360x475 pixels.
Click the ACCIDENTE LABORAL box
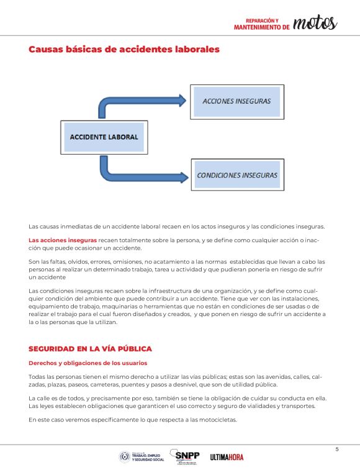[104, 137]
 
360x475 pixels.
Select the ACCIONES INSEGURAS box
[236, 100]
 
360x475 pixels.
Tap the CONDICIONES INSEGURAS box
[236, 175]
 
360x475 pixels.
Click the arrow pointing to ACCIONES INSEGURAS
[143, 102]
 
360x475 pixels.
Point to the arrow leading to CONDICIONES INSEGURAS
[143, 171]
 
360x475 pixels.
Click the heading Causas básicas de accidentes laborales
[124, 49]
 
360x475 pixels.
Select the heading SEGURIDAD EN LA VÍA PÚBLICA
[90, 349]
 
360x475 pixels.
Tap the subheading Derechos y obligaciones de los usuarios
[88, 363]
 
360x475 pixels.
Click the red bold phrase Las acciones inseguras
[63, 240]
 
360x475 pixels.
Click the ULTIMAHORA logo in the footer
[227, 457]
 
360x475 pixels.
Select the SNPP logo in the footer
[187, 456]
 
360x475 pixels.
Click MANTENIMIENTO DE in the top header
[261, 27]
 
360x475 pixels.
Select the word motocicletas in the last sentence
[212, 420]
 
